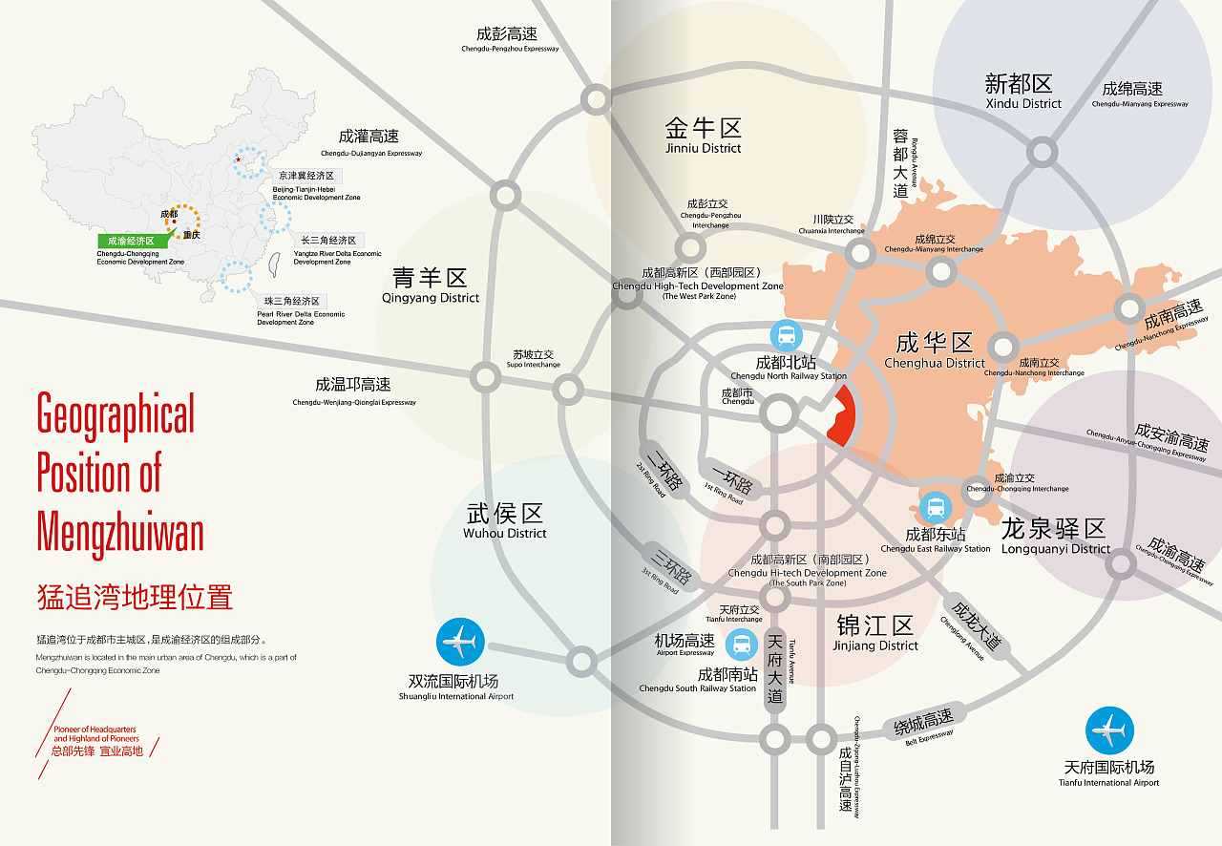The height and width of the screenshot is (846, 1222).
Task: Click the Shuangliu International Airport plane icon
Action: pyautogui.click(x=460, y=643)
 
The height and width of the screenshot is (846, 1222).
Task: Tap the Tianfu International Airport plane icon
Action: pyautogui.click(x=1109, y=731)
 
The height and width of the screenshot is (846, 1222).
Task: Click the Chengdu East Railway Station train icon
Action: pyautogui.click(x=936, y=507)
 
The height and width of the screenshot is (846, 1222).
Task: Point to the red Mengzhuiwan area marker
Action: pyautogui.click(x=841, y=417)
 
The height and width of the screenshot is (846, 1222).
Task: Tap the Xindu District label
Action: pyautogui.click(x=1022, y=91)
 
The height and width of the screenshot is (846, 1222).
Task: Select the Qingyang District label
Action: pyautogui.click(x=431, y=285)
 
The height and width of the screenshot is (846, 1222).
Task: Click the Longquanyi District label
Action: pyautogui.click(x=1055, y=536)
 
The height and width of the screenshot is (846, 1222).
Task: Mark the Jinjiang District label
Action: pyautogui.click(x=875, y=633)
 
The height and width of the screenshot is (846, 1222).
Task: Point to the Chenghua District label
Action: pyautogui.click(x=934, y=349)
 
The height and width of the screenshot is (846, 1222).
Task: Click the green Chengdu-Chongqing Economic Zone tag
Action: pyautogui.click(x=131, y=242)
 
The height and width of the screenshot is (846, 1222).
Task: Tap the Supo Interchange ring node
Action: pyautogui.click(x=568, y=390)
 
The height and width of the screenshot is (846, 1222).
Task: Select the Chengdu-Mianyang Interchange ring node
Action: pyautogui.click(x=941, y=272)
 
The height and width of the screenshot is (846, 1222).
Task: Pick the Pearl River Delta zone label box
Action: pyautogui.click(x=292, y=302)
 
